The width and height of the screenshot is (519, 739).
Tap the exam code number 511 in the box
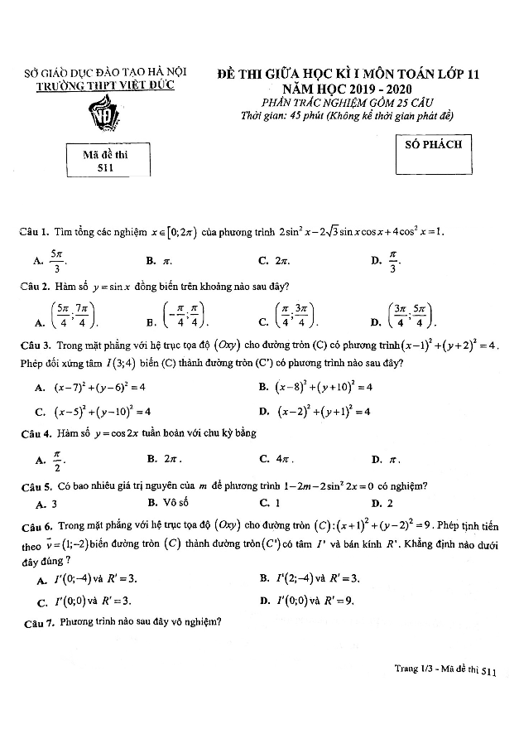tap(103, 168)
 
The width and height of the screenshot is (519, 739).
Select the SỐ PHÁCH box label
tap(433, 144)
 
